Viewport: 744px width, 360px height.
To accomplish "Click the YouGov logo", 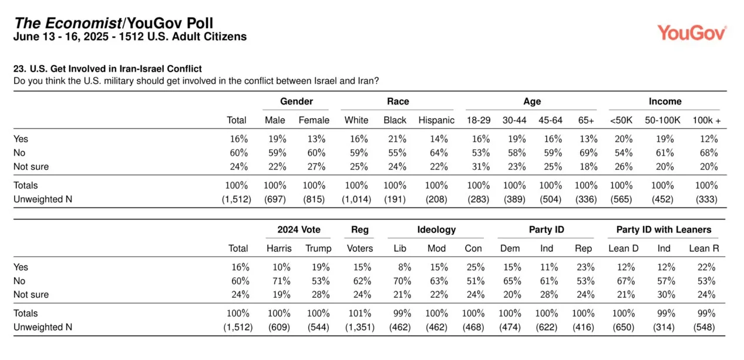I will pos(691,33).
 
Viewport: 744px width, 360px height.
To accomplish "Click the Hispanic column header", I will pos(436,120).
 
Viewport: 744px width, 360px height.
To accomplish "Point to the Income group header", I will pos(665,102).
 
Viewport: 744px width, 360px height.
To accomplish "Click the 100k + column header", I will pos(706,120).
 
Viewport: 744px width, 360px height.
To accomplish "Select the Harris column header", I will pos(278,248).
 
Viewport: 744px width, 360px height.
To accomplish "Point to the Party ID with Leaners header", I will pos(664,230).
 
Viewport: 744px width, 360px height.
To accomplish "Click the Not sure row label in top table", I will pos(31,166).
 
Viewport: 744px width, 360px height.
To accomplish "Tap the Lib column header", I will pos(399,248).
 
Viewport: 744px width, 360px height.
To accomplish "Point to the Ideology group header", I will pos(436,230).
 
